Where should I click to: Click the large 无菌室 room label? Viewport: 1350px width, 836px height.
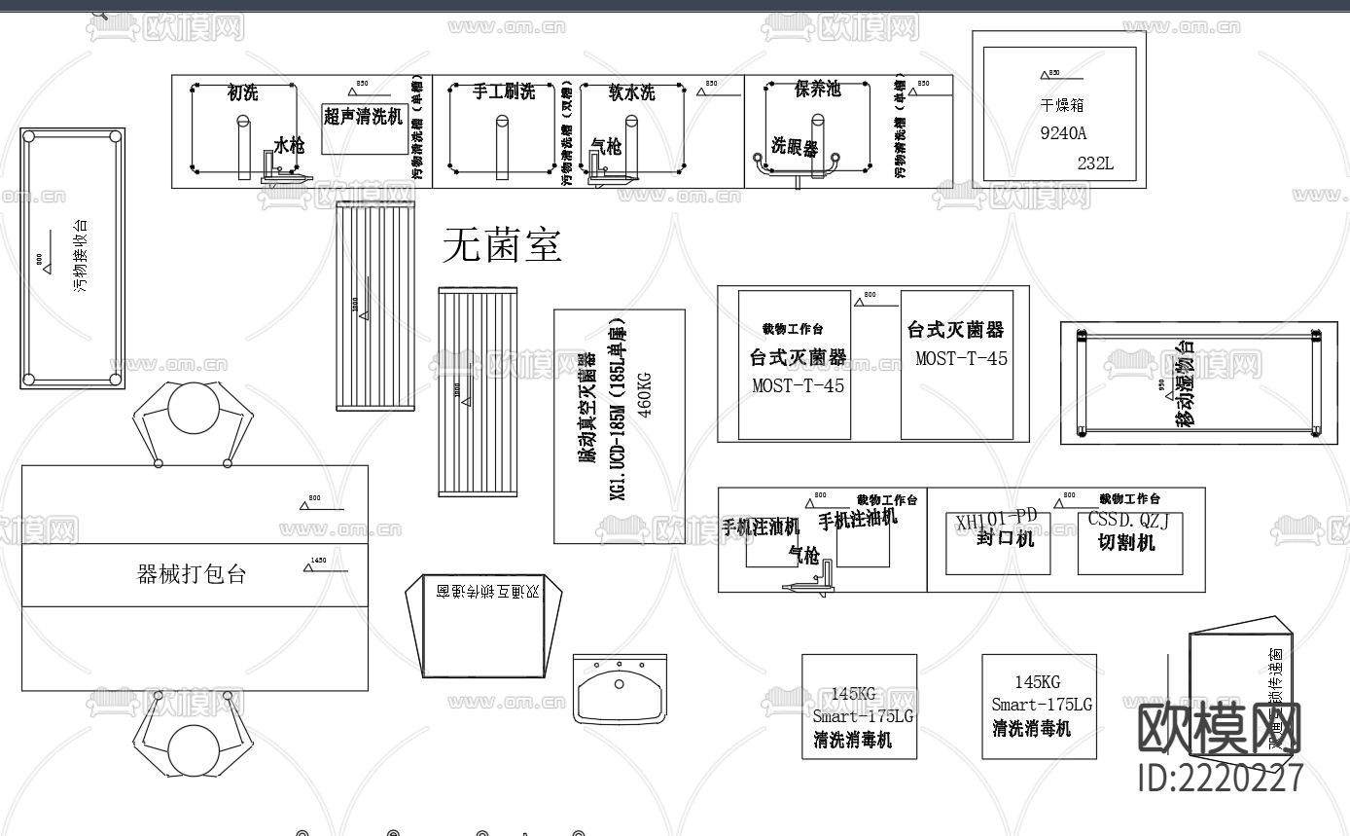(502, 245)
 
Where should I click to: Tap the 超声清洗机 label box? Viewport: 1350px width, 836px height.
(363, 118)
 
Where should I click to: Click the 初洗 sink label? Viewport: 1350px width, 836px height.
(242, 93)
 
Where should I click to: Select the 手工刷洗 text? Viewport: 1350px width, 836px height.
(503, 92)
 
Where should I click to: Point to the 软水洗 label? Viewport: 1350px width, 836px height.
(631, 93)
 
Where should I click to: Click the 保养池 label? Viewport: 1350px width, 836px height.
(817, 91)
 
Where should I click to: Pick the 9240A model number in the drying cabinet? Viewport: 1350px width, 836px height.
(1063, 133)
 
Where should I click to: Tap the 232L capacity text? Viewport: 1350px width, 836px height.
(1095, 164)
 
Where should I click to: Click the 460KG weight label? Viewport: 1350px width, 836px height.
(644, 388)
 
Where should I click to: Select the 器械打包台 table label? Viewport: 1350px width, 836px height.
(192, 574)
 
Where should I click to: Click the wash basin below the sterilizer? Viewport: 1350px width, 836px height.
(620, 690)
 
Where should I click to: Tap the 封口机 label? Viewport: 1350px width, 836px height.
(1006, 538)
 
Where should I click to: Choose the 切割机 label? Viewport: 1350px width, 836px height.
(1126, 543)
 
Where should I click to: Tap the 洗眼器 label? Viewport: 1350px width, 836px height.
(795, 146)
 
